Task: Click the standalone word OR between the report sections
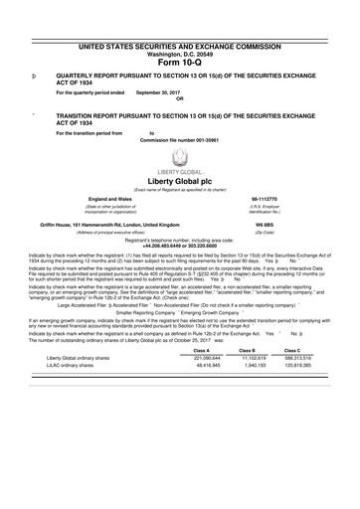tap(179, 98)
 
